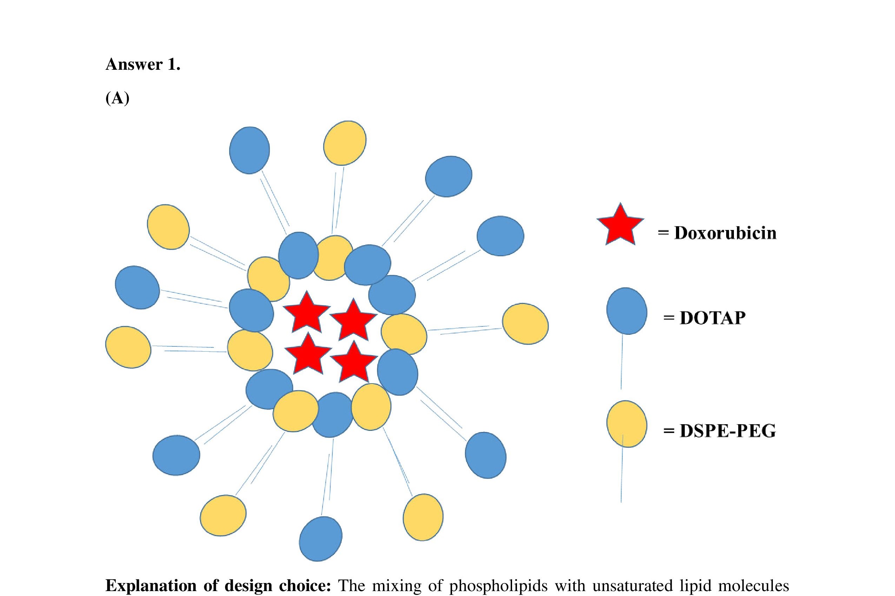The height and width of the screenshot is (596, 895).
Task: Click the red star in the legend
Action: (x=620, y=226)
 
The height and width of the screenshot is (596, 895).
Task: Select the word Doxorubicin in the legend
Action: (x=725, y=233)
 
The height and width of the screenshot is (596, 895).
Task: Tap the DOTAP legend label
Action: (x=712, y=318)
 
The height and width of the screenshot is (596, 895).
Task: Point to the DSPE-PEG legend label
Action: (x=727, y=431)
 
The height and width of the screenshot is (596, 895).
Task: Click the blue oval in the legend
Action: (x=626, y=311)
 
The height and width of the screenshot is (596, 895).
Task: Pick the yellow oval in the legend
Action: (x=626, y=424)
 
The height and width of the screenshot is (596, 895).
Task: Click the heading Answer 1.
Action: (x=143, y=64)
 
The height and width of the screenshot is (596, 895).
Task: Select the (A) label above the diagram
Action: (x=118, y=98)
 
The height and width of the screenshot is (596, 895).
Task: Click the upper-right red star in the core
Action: (x=353, y=319)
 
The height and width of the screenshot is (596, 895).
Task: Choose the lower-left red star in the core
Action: (x=308, y=353)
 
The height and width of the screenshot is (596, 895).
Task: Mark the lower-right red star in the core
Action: (x=354, y=362)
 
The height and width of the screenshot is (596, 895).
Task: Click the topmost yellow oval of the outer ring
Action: (x=345, y=143)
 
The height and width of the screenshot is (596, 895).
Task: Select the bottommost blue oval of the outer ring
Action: (x=320, y=539)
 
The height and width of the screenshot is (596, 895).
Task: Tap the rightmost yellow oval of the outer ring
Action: (x=525, y=324)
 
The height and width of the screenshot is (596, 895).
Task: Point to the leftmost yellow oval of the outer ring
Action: (x=128, y=347)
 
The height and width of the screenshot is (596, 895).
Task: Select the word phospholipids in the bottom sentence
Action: (x=498, y=586)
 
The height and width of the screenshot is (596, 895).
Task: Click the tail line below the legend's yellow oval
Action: (x=622, y=475)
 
